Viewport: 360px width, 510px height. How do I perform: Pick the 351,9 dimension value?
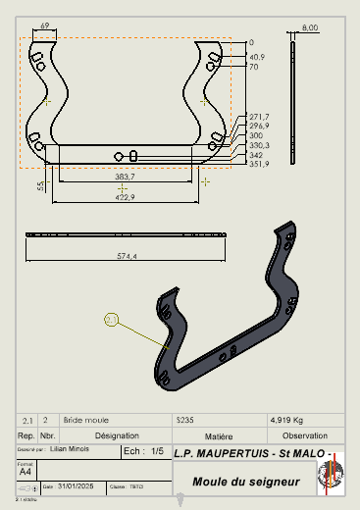click(x=258, y=164)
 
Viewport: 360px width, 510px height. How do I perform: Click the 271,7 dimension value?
click(x=258, y=117)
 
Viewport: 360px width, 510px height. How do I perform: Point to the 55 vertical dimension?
click(x=40, y=184)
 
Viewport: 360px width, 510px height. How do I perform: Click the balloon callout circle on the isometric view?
click(x=111, y=319)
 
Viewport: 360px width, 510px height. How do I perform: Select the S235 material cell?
click(x=184, y=419)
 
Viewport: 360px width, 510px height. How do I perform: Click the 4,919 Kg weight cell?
click(x=285, y=419)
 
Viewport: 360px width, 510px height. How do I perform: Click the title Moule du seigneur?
click(x=245, y=482)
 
